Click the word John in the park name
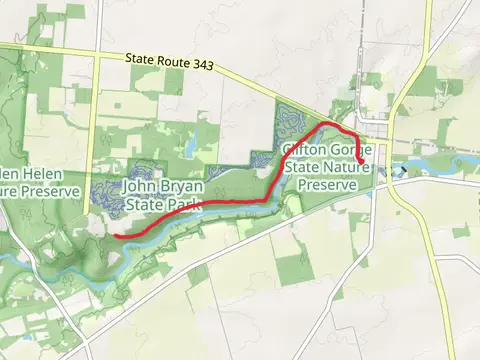[141, 187]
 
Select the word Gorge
[350, 150]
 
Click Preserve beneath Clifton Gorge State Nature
[327, 185]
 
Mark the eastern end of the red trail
[361, 160]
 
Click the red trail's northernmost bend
[328, 125]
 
